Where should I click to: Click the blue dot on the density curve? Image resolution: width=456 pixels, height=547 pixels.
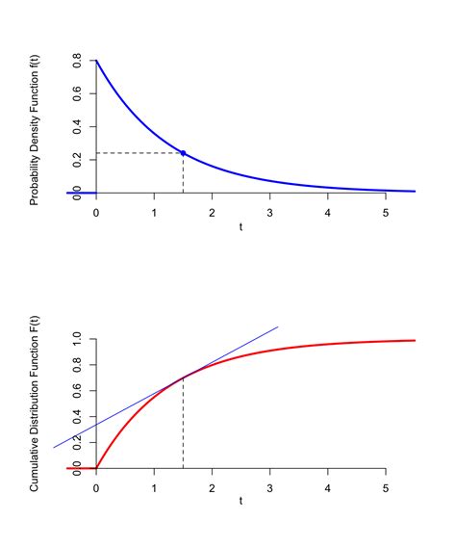tap(183, 153)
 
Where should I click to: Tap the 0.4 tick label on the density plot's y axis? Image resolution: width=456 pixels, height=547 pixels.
tap(76, 126)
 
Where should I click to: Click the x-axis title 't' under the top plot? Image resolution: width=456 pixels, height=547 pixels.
tap(241, 226)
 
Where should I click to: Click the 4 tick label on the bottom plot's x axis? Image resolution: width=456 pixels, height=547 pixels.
tap(328, 488)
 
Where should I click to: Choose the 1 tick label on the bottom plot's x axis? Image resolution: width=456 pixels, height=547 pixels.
tap(154, 488)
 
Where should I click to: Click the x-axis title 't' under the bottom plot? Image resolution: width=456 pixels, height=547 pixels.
tap(241, 503)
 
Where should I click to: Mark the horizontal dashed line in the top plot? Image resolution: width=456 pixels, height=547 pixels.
tap(135, 153)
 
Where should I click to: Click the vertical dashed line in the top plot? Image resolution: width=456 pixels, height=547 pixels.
tap(183, 173)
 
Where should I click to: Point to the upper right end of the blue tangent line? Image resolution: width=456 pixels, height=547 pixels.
tap(278, 326)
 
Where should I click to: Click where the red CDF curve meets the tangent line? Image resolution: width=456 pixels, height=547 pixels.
tap(183, 377)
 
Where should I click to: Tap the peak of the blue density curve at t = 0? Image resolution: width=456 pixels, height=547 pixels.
tap(96, 61)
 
